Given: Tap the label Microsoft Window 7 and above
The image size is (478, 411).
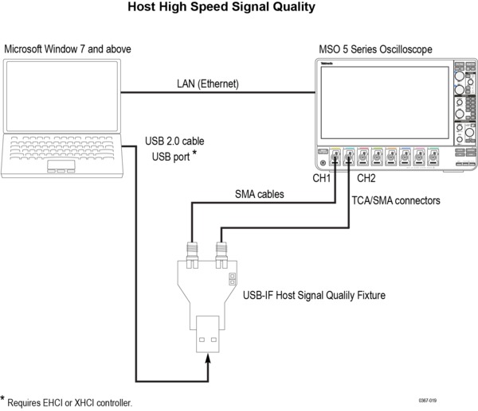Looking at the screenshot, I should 68,49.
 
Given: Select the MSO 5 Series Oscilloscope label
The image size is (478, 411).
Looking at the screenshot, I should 375,49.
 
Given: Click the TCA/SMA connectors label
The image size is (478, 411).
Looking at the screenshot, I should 396,201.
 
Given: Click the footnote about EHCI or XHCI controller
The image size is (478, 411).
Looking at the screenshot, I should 68,401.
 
